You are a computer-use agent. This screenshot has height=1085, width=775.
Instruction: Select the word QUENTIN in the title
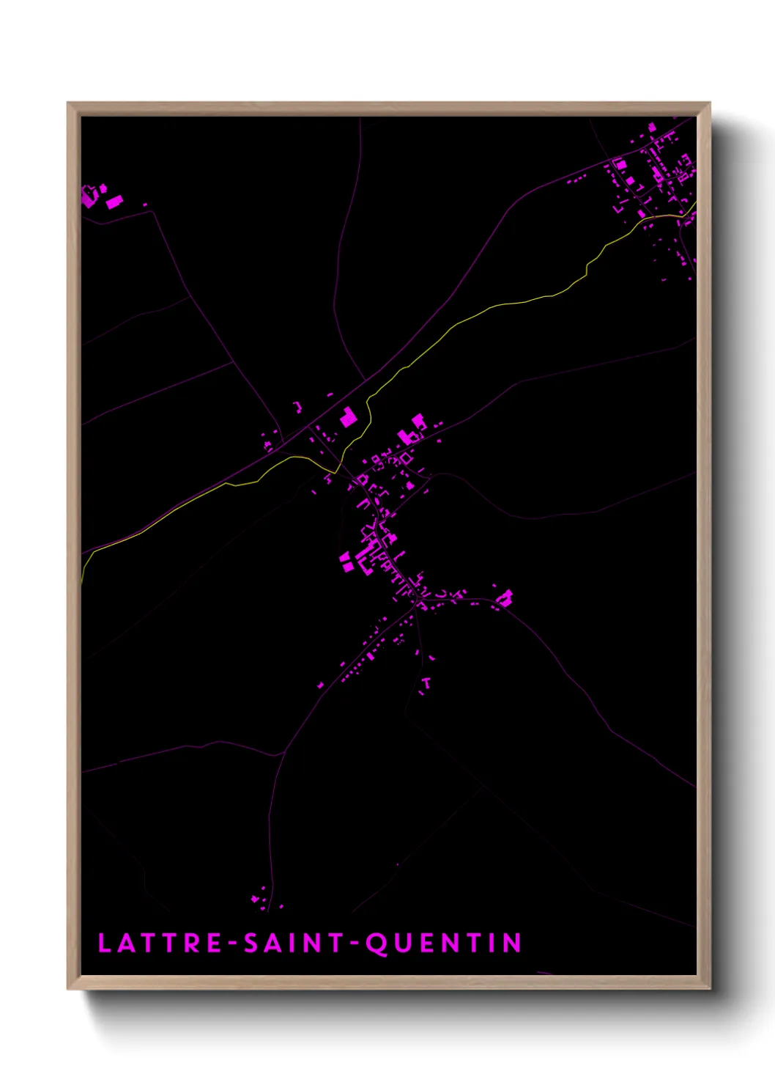click(x=443, y=944)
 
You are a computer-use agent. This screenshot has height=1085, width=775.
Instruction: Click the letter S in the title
click(x=252, y=943)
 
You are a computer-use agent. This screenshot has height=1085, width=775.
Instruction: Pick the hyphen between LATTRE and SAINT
click(x=233, y=944)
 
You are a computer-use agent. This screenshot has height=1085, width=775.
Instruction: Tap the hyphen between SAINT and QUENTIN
click(x=354, y=944)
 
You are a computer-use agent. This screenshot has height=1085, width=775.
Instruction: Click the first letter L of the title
click(x=104, y=943)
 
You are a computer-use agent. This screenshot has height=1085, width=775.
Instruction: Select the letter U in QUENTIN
click(x=402, y=944)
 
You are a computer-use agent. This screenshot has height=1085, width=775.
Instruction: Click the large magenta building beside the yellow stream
click(x=348, y=418)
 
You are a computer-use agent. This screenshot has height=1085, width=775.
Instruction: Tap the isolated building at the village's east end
click(x=505, y=598)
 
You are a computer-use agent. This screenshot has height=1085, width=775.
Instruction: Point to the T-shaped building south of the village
click(x=426, y=683)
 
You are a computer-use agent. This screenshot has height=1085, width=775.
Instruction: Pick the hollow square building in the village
click(x=406, y=458)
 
